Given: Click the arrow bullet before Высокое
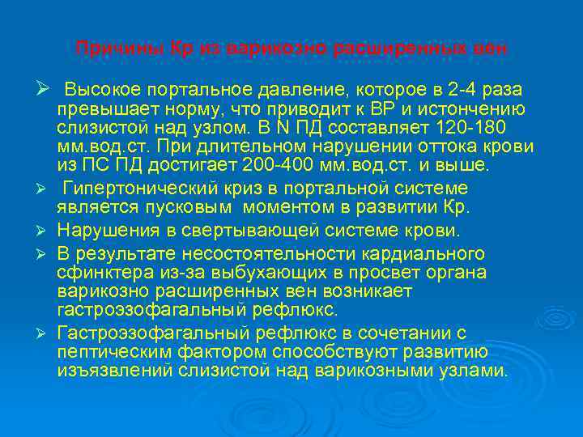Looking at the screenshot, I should (45, 87).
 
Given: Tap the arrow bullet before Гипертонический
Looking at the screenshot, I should (47, 189).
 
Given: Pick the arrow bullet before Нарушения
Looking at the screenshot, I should (47, 231).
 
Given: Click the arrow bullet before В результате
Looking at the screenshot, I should (47, 251).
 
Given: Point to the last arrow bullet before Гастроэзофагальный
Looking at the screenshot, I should (47, 332).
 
